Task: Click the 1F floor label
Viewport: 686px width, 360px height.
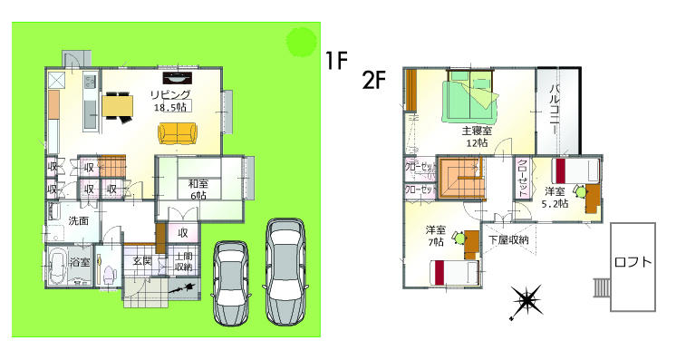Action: point(337,61)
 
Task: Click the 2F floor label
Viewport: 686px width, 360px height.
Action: point(376,80)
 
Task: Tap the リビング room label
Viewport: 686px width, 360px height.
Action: point(170,93)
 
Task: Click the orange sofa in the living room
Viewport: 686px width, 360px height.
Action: point(178,134)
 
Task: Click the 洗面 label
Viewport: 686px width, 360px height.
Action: point(78,220)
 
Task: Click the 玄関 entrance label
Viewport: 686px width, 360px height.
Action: point(142,261)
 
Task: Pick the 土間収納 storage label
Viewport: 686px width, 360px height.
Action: point(182,262)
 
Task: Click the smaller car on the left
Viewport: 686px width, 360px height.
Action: point(230,281)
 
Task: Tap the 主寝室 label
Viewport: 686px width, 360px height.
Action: point(477,131)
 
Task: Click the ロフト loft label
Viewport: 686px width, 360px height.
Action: point(633,262)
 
